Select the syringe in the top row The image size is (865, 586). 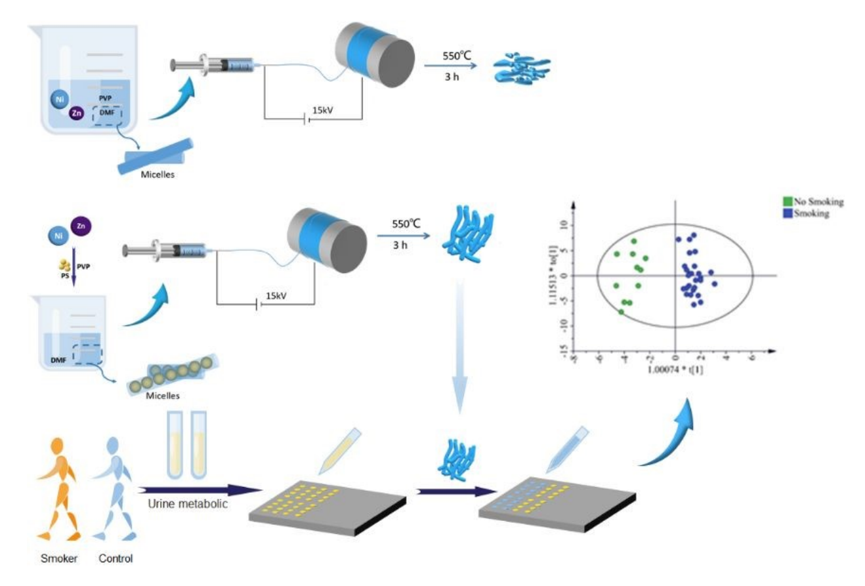[x=213, y=65]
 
